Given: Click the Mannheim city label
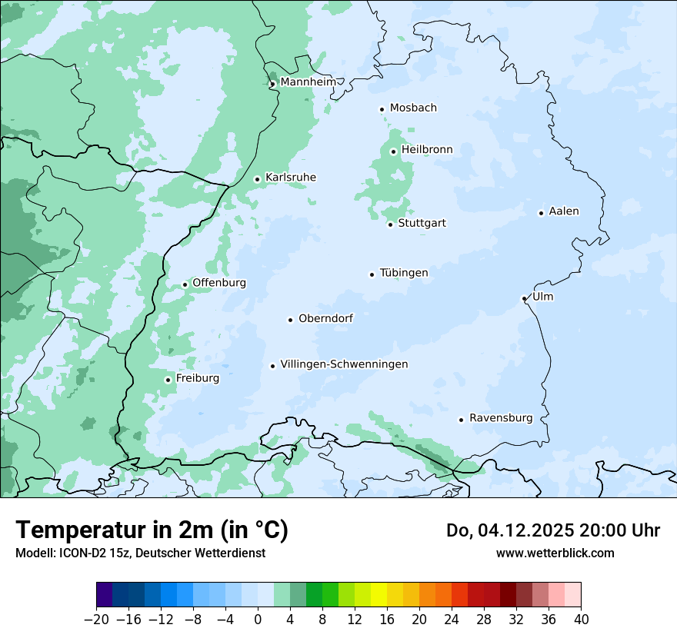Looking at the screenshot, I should (308, 82).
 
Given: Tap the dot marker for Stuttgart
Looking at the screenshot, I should (391, 224).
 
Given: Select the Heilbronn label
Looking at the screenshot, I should (427, 150).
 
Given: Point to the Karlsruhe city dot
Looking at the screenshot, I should (258, 179).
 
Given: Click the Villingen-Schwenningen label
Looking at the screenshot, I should (344, 364).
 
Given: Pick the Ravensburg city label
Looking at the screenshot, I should (501, 418).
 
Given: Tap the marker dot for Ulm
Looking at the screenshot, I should (524, 298).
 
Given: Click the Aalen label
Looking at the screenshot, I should (564, 211).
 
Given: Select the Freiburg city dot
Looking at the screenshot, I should (168, 380).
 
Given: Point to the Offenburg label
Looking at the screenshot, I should (219, 283).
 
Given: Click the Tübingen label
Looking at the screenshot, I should (404, 273).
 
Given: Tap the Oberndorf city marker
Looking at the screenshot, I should (291, 320).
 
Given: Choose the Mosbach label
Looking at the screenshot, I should (413, 108).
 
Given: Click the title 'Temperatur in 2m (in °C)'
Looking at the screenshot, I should (152, 530).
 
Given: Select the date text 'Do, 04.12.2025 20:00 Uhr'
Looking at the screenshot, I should (553, 530).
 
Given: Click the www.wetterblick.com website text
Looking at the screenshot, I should (555, 553).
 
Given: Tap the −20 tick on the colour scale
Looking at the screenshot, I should (97, 619).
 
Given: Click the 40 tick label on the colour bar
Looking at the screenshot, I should (581, 619).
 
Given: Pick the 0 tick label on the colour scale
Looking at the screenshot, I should (258, 619).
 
